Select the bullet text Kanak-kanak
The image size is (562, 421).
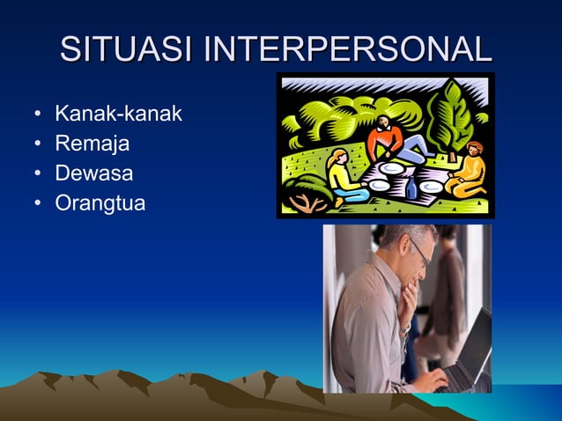click(x=118, y=114)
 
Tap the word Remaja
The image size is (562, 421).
click(x=92, y=144)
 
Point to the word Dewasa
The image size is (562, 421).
click(x=93, y=174)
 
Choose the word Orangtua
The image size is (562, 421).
click(x=100, y=203)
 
